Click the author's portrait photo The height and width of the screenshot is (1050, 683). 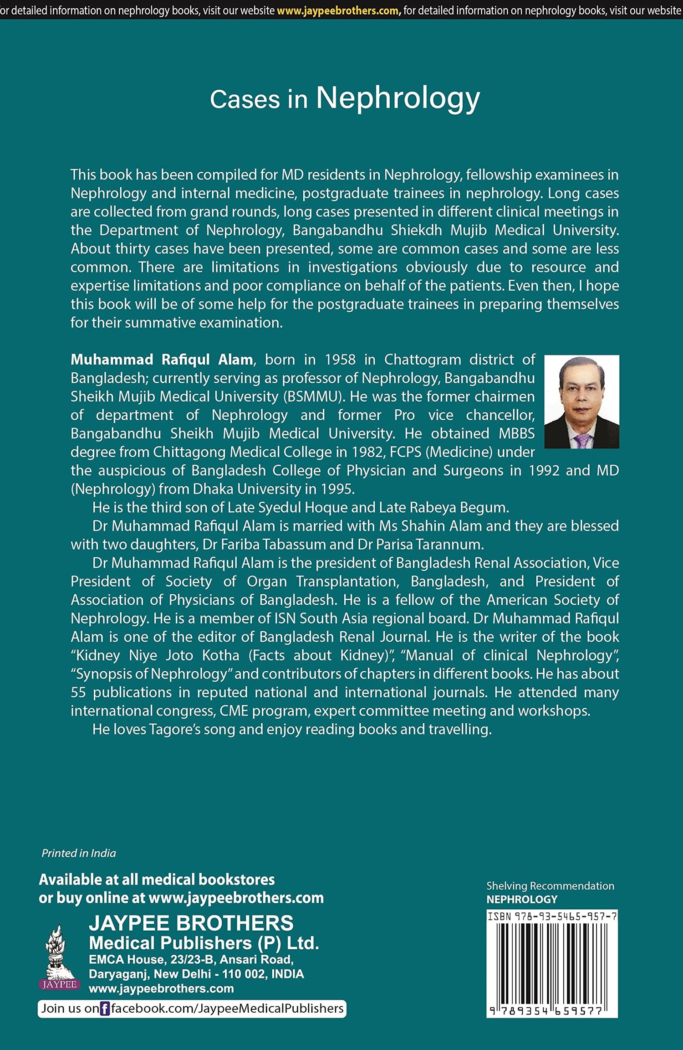pyautogui.click(x=581, y=401)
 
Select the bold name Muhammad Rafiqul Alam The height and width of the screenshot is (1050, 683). pyautogui.click(x=162, y=360)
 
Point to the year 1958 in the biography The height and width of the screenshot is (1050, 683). pyautogui.click(x=340, y=360)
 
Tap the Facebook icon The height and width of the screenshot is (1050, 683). pyautogui.click(x=105, y=1009)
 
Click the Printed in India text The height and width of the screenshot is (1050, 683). pyautogui.click(x=79, y=853)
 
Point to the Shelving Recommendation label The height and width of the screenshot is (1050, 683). pyautogui.click(x=550, y=885)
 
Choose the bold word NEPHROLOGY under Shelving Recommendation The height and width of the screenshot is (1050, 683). pyautogui.click(x=522, y=899)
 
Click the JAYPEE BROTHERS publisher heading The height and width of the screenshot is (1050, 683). pyautogui.click(x=191, y=923)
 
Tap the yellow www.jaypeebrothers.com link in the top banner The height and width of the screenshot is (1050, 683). pyautogui.click(x=337, y=10)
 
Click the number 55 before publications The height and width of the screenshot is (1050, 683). pyautogui.click(x=78, y=692)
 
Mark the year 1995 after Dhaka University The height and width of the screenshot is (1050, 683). pyautogui.click(x=337, y=489)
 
